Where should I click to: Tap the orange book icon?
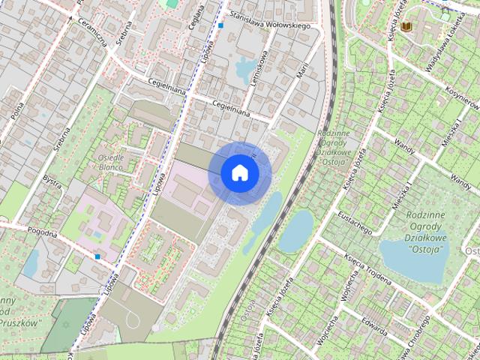click(406, 27)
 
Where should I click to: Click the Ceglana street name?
click(199, 13)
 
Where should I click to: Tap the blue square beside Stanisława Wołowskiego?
click(221, 25)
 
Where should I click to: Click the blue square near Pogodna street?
click(97, 256)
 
